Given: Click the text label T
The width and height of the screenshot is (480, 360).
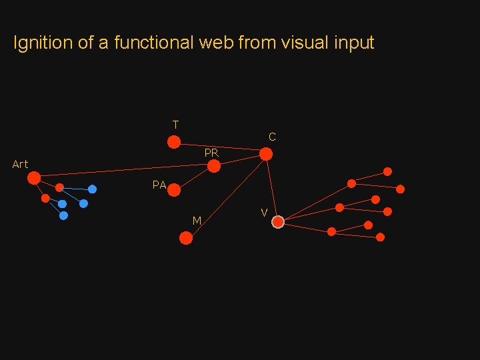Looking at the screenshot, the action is point(175,125).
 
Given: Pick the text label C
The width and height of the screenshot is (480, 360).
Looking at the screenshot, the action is point(272,137).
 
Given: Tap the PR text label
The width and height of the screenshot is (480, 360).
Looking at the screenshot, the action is point(211,153).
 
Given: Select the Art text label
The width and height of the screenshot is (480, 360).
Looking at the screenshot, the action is point(20,164).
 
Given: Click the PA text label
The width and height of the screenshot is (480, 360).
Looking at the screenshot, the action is point(159,185).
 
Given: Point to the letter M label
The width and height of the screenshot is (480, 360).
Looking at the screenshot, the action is point(197,221).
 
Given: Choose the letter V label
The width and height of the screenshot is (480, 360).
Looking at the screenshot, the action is point(264,213).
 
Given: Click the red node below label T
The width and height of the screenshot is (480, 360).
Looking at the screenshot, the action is point(173,141).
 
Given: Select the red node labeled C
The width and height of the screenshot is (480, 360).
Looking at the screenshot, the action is point(265,154).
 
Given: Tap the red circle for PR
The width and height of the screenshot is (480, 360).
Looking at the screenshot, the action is point(214,166).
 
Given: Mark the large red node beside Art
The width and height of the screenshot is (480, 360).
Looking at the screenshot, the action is point(34,177).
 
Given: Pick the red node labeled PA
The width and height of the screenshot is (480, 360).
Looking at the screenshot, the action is point(174,191).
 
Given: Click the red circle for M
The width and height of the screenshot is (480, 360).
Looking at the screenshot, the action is point(186,237).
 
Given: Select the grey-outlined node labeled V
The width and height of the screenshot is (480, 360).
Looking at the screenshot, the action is point(278,222).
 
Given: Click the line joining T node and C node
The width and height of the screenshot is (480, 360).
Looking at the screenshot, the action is point(220,147).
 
